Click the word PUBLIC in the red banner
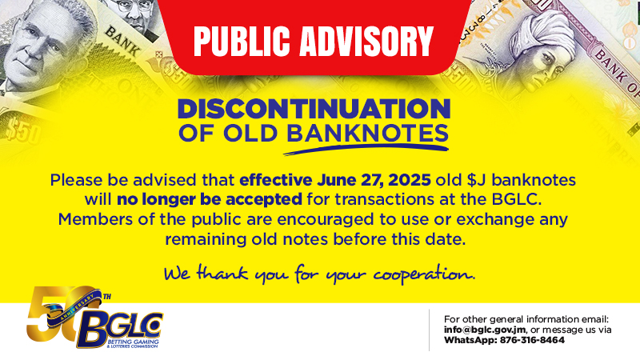(x=242, y=41)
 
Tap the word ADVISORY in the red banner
(x=366, y=41)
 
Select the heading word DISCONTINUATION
(x=314, y=109)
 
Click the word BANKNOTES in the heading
(x=367, y=134)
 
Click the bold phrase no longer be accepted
(x=210, y=199)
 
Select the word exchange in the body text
(x=495, y=219)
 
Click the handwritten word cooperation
(x=424, y=274)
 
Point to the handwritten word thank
(x=222, y=272)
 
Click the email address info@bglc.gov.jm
(x=485, y=330)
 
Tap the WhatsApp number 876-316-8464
(x=532, y=340)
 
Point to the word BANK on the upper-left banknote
(x=122, y=42)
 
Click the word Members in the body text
(x=94, y=219)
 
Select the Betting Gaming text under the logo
(x=134, y=342)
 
